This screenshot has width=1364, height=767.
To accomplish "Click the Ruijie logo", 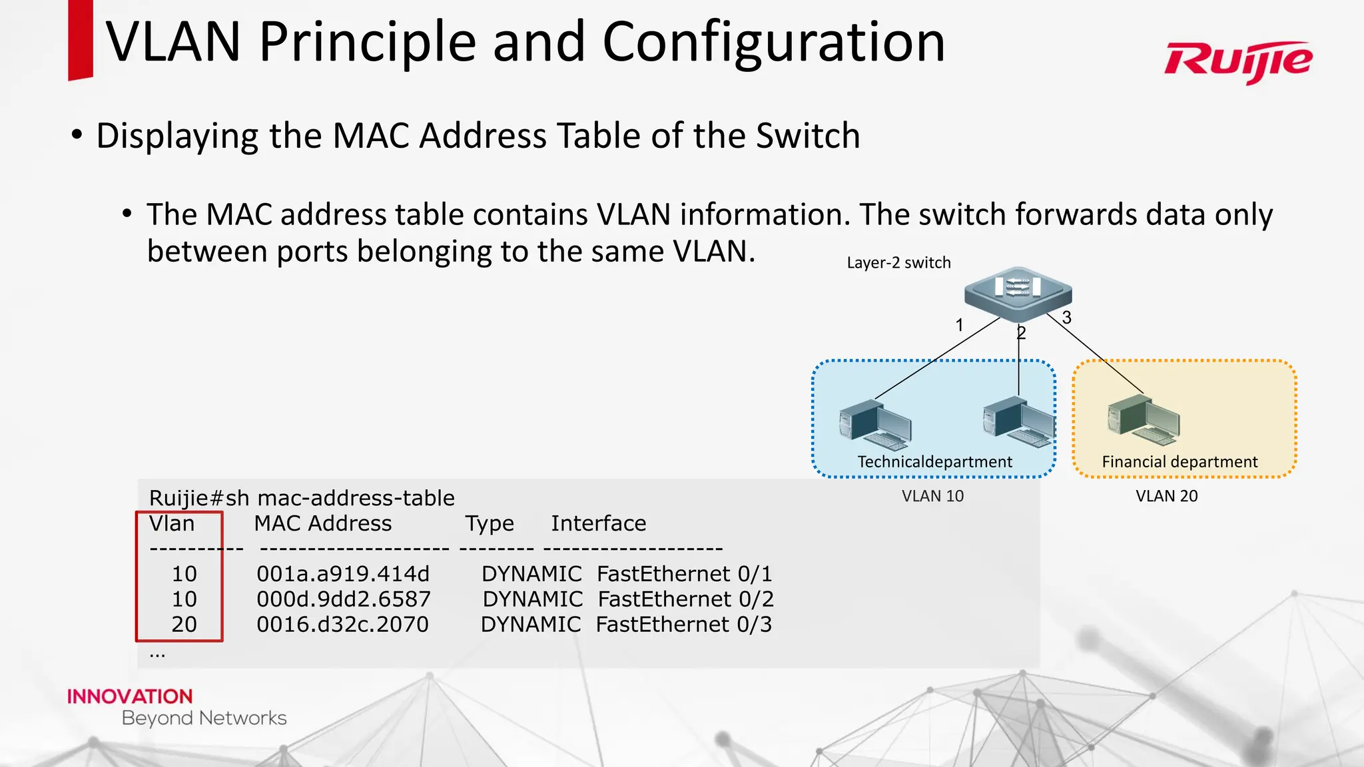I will coord(1238,61).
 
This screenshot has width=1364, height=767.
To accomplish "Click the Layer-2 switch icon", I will coord(1018,293).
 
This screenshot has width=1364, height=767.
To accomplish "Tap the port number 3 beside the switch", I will coord(1067,318).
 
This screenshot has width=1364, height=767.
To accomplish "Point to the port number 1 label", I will coord(959,325).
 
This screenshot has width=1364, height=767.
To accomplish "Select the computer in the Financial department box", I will coord(1143,420).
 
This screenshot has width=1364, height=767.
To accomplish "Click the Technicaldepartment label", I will coord(934,461).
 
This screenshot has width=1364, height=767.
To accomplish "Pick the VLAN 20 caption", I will coord(1166,496).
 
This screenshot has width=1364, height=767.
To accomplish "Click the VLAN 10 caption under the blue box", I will coord(932,496).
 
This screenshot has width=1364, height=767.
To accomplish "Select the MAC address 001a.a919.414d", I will coord(343,574).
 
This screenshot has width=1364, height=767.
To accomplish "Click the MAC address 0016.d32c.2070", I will coord(342,625).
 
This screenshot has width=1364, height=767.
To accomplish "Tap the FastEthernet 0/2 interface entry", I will coord(685,599).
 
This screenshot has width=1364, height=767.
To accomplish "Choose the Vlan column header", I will coord(172,523).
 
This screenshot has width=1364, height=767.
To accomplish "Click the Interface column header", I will coord(598,523).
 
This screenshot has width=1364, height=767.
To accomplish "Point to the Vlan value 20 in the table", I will coord(184,625).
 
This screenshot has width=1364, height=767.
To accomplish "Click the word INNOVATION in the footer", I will coord(130,696).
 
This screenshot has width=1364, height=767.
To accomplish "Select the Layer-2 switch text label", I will coord(898,262).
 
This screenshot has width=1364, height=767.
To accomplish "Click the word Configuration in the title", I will coord(773,42).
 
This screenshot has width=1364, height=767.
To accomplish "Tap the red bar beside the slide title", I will coord(80,40).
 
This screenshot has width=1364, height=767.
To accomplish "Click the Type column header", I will coord(490,523).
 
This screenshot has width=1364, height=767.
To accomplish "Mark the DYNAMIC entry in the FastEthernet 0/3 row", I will coord(531,625).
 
